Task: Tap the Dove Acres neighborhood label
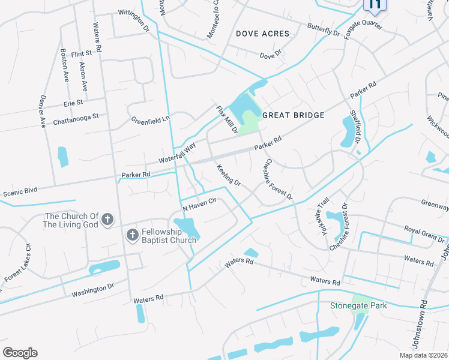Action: (262, 34)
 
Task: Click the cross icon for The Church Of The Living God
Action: (107, 219)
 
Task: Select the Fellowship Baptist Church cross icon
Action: (131, 235)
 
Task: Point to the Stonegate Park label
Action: (358, 305)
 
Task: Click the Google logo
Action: (20, 353)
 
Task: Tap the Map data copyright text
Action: (424, 355)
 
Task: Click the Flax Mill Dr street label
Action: (228, 119)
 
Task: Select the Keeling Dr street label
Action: (228, 175)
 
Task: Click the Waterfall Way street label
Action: (178, 152)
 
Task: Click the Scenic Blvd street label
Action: (20, 192)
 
